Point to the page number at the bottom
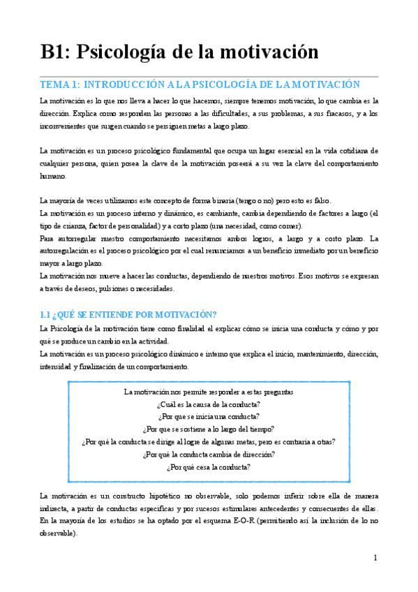[x=375, y=558]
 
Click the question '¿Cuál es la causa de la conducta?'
[x=209, y=404]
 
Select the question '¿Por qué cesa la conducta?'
[x=209, y=467]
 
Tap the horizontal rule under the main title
[x=209, y=75]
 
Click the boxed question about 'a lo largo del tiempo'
[x=209, y=429]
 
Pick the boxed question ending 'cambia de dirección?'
[x=209, y=454]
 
